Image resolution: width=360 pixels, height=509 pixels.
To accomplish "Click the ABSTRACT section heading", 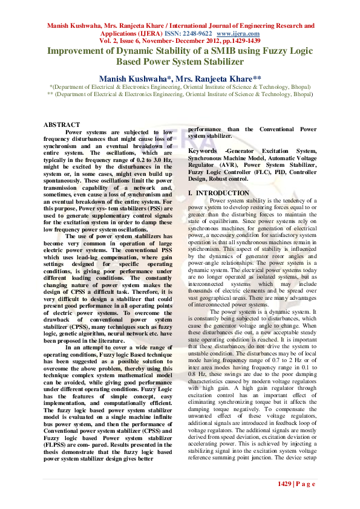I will point(61,125).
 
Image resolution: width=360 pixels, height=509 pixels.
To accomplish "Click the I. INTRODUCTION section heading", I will point(218,193).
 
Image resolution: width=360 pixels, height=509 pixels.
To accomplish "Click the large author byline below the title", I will point(180,79).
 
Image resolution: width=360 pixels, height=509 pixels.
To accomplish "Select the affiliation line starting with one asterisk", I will point(180,87).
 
